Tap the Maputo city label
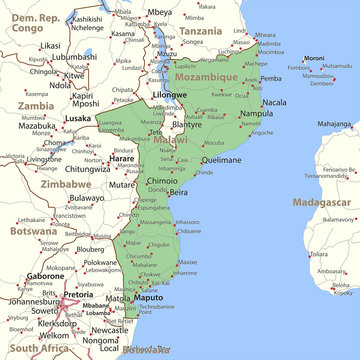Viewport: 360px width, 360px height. (148, 298)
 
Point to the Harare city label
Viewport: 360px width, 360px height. (122, 159)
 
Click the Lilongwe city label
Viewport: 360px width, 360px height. (169, 95)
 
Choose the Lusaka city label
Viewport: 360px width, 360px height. (78, 119)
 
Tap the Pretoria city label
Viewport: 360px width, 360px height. (78, 296)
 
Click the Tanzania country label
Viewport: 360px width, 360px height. (201, 32)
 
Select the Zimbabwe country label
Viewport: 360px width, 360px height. (66, 185)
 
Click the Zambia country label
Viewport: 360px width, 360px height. (36, 105)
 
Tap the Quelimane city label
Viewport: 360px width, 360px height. (221, 159)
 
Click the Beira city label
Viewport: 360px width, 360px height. (178, 191)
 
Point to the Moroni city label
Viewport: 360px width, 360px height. (316, 58)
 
